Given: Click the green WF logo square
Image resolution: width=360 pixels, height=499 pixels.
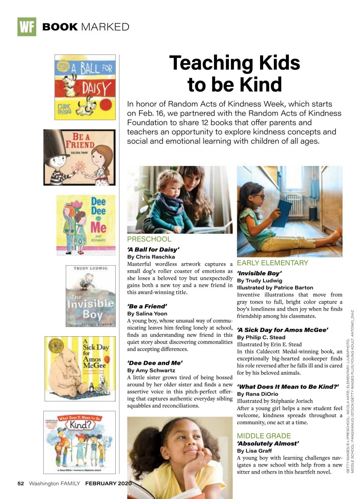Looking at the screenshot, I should [x=27, y=27].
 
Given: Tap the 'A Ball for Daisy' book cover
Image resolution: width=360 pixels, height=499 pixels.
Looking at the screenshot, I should [x=85, y=87].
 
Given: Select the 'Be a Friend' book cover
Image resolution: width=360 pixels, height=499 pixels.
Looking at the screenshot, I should [x=79, y=157].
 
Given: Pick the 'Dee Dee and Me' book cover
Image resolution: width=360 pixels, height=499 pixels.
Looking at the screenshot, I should [x=86, y=225].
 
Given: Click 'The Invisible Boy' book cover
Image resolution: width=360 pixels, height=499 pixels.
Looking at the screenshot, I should [x=90, y=296].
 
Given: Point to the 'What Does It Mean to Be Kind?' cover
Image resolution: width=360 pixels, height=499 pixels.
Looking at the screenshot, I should [x=79, y=442].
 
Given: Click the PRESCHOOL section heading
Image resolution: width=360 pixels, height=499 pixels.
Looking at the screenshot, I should [x=149, y=240].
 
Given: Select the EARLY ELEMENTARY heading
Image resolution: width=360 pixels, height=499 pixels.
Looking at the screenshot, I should [x=272, y=263].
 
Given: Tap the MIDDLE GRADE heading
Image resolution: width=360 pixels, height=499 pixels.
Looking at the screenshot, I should [x=264, y=436].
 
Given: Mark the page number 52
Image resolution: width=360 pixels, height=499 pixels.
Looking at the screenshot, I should [x=21, y=484].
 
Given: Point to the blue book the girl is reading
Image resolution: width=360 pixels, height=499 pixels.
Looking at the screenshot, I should [x=283, y=213].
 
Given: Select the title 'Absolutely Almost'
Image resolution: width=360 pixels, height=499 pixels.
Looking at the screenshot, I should [x=268, y=443].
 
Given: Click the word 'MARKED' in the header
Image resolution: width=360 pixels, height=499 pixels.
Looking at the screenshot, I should [x=105, y=27].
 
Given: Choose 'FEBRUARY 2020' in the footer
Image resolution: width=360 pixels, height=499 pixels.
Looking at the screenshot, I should [x=108, y=484].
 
